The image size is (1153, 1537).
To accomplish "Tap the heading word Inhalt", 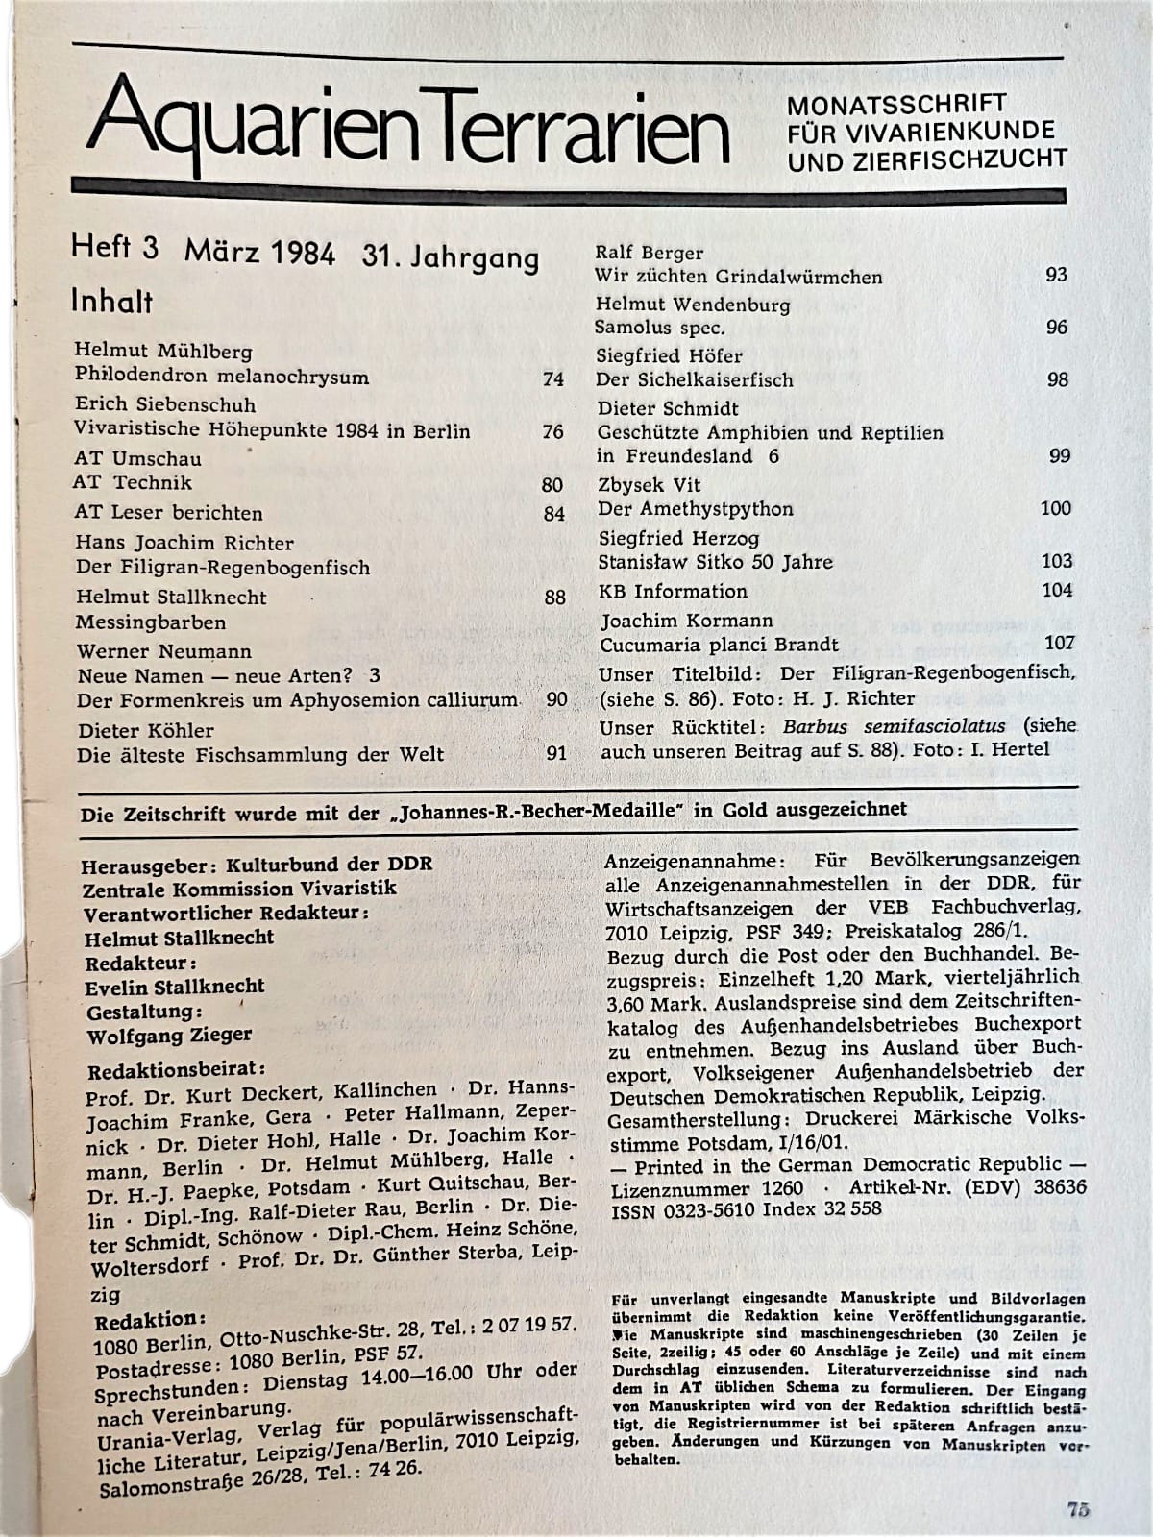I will (x=111, y=301).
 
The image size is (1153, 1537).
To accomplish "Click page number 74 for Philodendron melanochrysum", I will (x=552, y=378).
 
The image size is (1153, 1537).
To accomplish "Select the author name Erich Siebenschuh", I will (x=165, y=404).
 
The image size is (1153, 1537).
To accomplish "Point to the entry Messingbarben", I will (x=151, y=622).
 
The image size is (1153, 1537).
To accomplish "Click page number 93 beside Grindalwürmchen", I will (x=1056, y=275).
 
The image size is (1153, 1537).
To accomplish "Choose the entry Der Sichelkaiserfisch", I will (x=695, y=379).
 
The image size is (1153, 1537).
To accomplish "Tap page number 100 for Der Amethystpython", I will (x=1056, y=508).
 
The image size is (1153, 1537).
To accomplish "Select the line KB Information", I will (x=673, y=591).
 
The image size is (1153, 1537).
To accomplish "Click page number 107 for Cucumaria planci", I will (x=1060, y=643).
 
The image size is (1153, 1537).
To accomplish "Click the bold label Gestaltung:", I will (x=144, y=1012).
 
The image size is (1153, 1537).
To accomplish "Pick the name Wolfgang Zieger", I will (x=169, y=1036).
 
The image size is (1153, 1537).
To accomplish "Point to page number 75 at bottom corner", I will (x=1077, y=1508).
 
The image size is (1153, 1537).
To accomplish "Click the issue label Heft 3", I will (x=113, y=248).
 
